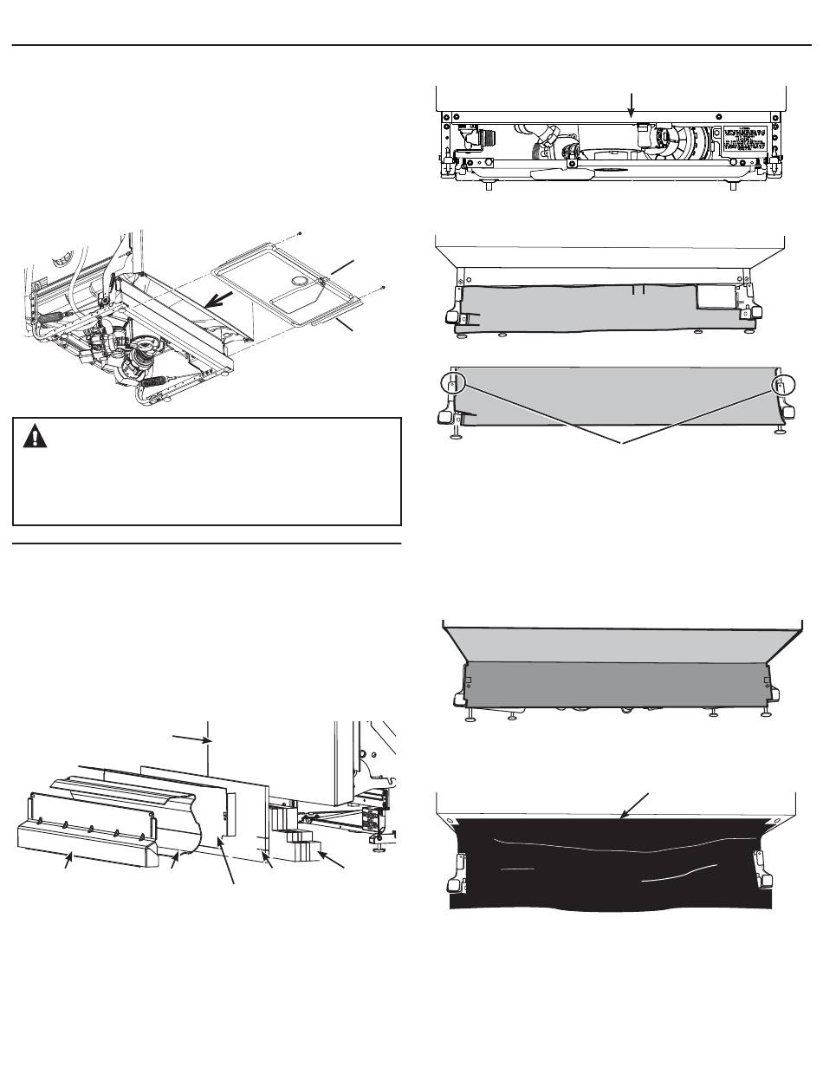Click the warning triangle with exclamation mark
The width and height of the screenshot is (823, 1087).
[36, 435]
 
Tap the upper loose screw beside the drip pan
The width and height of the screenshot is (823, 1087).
[299, 233]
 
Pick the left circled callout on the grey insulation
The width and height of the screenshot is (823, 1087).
[451, 383]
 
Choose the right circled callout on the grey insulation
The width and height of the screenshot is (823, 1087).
[782, 383]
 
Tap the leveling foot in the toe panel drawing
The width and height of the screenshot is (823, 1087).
[379, 841]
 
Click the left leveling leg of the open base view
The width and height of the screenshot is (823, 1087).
[491, 186]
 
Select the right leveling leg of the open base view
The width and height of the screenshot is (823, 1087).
[733, 186]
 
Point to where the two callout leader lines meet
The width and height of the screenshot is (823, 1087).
[618, 442]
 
